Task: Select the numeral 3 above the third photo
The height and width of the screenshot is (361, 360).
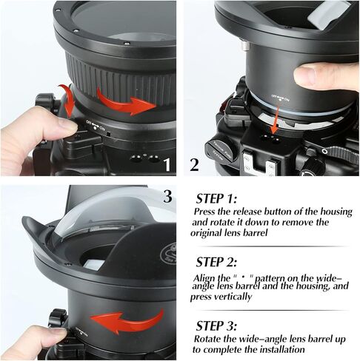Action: (167, 198)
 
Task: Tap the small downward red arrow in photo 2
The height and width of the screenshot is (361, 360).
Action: (274, 116)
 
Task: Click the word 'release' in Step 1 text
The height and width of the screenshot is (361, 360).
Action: (250, 212)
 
